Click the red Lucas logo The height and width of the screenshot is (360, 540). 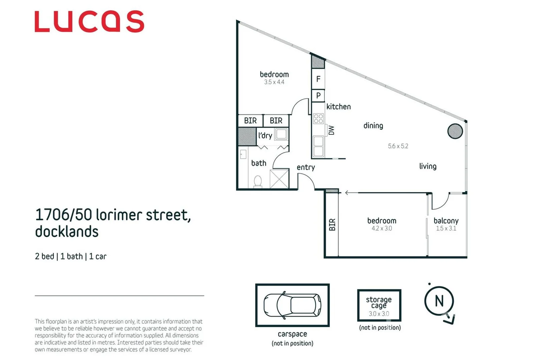tap(89, 22)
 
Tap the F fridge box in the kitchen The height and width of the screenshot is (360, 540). tap(318, 79)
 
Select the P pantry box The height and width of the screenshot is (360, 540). tap(318, 96)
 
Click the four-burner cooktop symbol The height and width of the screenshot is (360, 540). tap(318, 119)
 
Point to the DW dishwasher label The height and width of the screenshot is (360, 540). tap(331, 130)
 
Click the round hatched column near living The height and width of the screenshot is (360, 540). tap(455, 131)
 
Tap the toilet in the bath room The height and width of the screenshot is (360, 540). tap(257, 182)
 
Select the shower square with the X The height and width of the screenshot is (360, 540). tap(279, 179)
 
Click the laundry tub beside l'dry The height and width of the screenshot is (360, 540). tap(281, 134)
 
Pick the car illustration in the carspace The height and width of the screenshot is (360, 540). tap(292, 305)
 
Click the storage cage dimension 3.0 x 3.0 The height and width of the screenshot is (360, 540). tap(379, 314)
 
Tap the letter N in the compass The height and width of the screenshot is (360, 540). tap(439, 301)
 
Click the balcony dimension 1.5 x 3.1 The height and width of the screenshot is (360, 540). tap(446, 228)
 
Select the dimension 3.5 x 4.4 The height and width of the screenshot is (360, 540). tap(274, 82)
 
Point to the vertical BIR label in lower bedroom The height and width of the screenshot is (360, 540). tap(332, 225)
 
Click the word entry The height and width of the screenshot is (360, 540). tap(306, 167)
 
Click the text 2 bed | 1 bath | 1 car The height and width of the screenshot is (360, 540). tap(71, 256)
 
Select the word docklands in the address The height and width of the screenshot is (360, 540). tap(67, 232)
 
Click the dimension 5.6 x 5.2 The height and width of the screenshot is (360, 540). tap(398, 146)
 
